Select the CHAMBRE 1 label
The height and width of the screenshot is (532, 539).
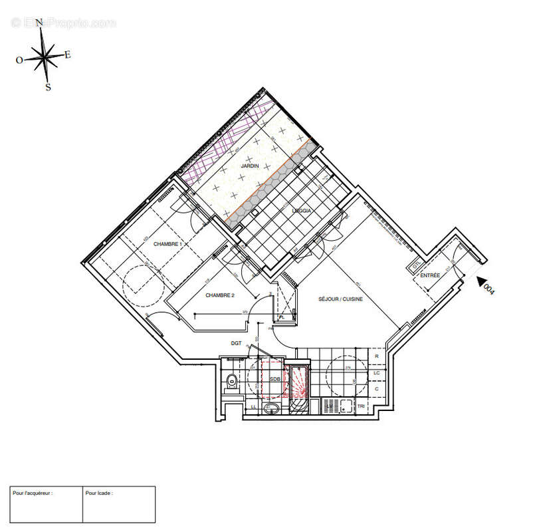[x=167, y=245]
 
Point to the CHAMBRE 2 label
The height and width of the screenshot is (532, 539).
[x=220, y=295]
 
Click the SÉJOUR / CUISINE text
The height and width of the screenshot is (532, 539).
[x=340, y=299]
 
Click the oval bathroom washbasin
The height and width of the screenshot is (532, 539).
[x=271, y=408]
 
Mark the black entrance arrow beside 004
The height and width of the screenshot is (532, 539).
[x=483, y=281]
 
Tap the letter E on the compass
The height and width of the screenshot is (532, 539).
[x=68, y=55]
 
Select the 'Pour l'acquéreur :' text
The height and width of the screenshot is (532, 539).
[x=33, y=493]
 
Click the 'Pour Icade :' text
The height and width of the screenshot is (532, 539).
[x=99, y=493]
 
